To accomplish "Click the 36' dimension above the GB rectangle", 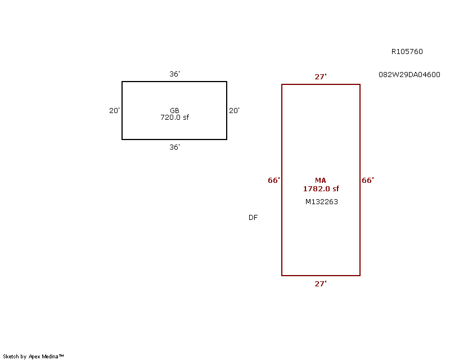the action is tap(174, 74).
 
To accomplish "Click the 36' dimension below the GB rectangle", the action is tap(174, 147).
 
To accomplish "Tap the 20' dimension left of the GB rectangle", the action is tap(114, 110).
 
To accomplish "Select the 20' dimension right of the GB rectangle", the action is tap(234, 110).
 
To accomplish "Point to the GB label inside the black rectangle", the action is tap(174, 110).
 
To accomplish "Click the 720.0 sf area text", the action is tap(174, 118).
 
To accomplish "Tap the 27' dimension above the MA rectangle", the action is tap(321, 77).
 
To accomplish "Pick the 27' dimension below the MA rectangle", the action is tap(321, 284).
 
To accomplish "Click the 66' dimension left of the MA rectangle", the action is tap(274, 181).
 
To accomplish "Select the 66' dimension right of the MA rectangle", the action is tap(368, 181).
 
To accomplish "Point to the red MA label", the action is tap(321, 181).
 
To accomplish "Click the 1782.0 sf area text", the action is tap(321, 189).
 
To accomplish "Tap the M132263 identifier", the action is tap(321, 202).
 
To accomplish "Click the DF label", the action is tap(253, 218).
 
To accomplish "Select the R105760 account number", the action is tap(407, 52).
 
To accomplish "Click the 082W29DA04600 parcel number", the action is tap(409, 75).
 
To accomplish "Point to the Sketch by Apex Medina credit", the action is tap(33, 357).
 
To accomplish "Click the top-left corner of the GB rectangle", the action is tap(122, 82).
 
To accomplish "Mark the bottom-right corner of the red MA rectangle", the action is tap(360, 276).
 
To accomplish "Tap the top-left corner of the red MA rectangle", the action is tap(282, 84).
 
